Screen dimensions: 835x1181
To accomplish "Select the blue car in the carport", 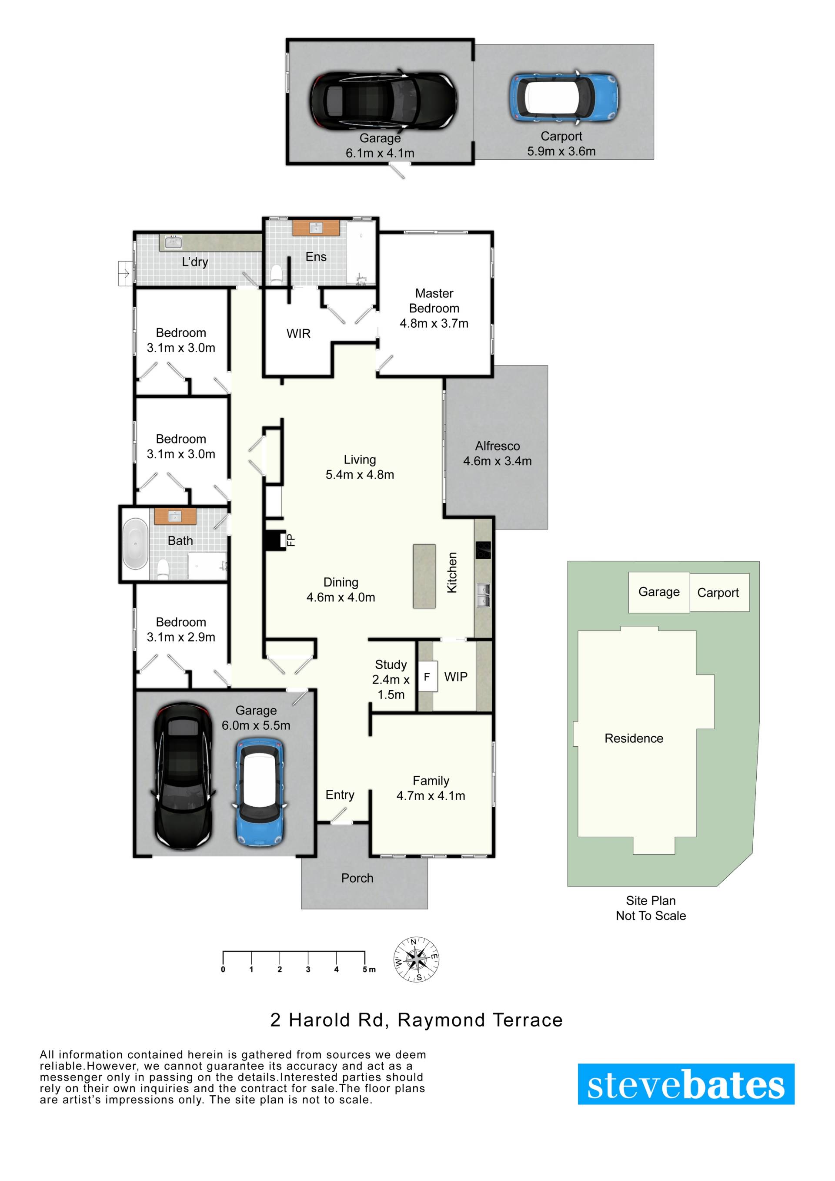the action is click(564, 97).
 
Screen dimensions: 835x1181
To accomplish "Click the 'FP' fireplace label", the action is click(291, 540).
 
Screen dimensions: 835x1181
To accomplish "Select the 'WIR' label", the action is click(299, 334).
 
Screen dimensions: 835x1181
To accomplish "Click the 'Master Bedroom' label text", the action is click(434, 301).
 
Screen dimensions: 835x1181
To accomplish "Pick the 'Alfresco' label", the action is click(497, 446).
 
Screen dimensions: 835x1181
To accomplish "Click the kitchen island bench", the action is click(424, 576).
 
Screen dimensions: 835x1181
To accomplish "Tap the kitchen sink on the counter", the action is click(483, 595).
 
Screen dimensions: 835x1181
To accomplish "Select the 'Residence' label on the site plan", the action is click(634, 738).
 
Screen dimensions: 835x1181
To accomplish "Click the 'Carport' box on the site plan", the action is click(719, 593).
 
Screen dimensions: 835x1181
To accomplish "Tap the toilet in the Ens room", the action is click(276, 274).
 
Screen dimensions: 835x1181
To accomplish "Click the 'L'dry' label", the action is click(195, 262).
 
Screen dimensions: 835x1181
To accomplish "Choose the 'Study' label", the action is click(391, 664).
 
